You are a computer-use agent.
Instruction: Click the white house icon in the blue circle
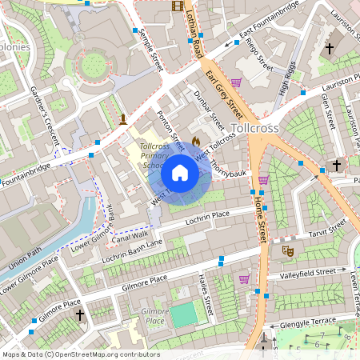pyautogui.click(x=180, y=173)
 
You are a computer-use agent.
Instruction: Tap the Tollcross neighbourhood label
pyautogui.click(x=254, y=128)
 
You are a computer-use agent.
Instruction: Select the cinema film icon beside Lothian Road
pyautogui.click(x=177, y=6)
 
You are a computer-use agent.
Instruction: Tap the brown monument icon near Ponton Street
pyautogui.click(x=122, y=120)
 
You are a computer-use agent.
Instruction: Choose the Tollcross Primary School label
pyautogui.click(x=153, y=157)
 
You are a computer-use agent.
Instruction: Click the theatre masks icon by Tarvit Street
pyautogui.click(x=288, y=251)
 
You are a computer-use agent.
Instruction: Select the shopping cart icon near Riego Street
pyautogui.click(x=236, y=82)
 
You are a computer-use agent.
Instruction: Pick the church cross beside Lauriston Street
pyautogui.click(x=329, y=49)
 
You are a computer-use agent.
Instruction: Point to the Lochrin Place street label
pyautogui.click(x=207, y=217)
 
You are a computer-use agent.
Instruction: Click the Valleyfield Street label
pyautogui.click(x=308, y=273)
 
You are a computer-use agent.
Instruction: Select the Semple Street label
pyautogui.click(x=150, y=50)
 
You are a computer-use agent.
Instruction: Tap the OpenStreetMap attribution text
pyautogui.click(x=80, y=354)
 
